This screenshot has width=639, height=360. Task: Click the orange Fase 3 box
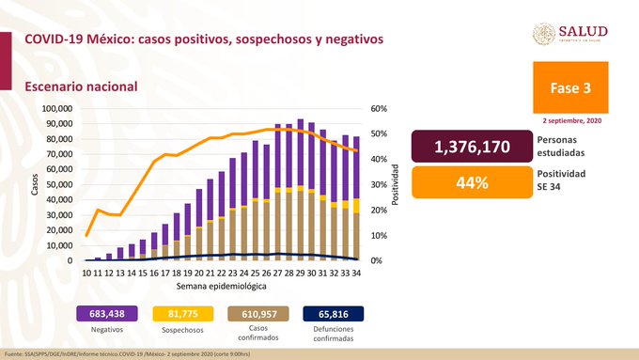[x=573, y=88]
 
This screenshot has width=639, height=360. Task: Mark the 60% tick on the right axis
[x=379, y=109]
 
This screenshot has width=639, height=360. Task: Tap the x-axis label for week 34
[x=356, y=272]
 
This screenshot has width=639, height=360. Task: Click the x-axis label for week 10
[x=87, y=272]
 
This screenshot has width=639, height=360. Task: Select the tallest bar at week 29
[x=300, y=188]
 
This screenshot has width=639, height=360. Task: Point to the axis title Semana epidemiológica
[x=221, y=286]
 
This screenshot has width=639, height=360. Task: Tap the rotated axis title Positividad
[x=397, y=184]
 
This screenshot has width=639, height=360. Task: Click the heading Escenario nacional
[x=82, y=86]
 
